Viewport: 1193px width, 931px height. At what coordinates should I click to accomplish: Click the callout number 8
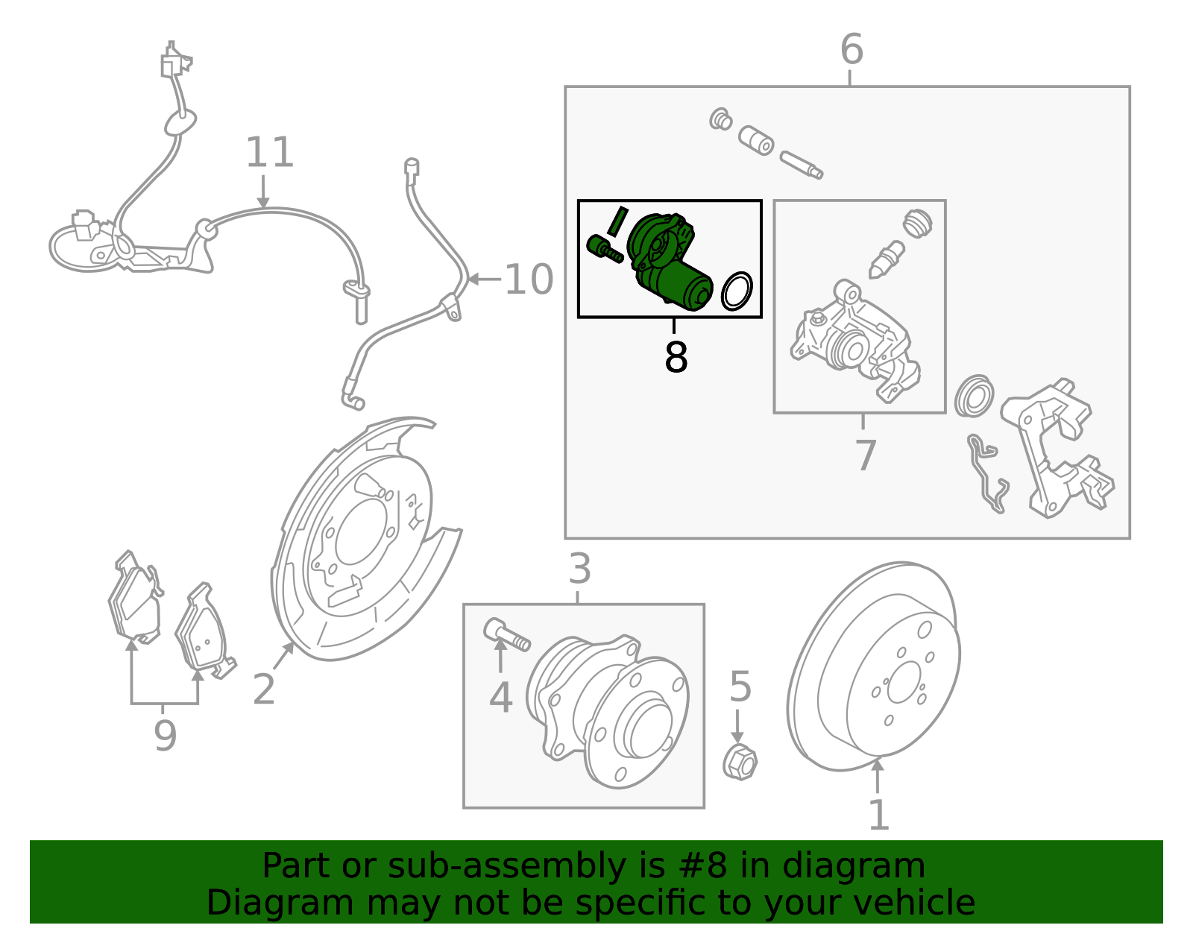click(x=676, y=357)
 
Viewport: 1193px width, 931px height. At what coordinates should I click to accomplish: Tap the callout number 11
click(x=270, y=152)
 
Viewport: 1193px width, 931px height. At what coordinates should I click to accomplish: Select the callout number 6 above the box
click(x=851, y=49)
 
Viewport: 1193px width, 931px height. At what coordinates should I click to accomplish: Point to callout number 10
click(x=529, y=280)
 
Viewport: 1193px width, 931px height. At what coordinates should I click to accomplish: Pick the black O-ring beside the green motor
click(x=737, y=291)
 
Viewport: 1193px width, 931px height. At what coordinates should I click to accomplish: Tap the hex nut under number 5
click(x=740, y=762)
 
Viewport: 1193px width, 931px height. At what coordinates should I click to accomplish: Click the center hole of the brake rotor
click(x=904, y=682)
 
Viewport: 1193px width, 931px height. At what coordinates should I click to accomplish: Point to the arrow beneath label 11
click(x=262, y=195)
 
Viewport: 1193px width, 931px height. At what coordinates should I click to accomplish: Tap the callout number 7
click(x=865, y=455)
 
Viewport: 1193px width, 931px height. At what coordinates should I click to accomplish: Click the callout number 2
click(x=264, y=689)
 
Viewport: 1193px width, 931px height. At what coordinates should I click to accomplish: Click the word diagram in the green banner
click(x=853, y=866)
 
